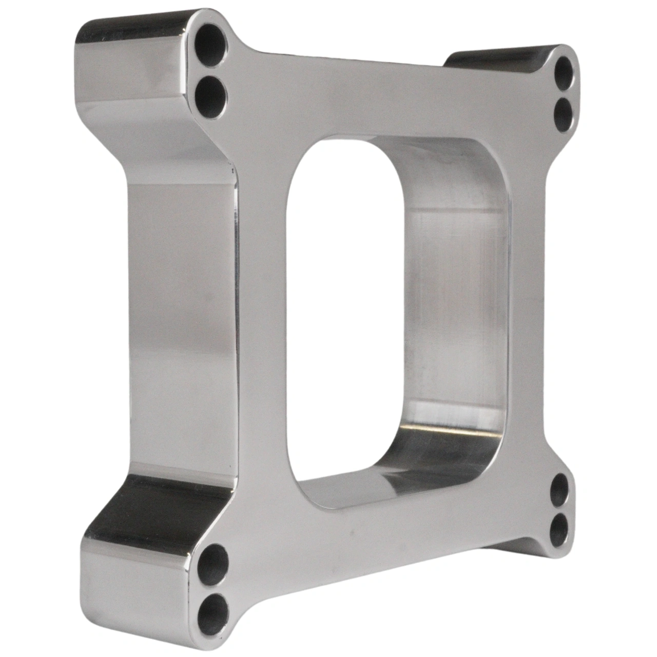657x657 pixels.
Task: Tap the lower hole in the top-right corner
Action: (x=564, y=115)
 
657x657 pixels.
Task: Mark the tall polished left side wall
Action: (x=180, y=318)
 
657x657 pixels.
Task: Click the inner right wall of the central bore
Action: (x=452, y=308)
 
